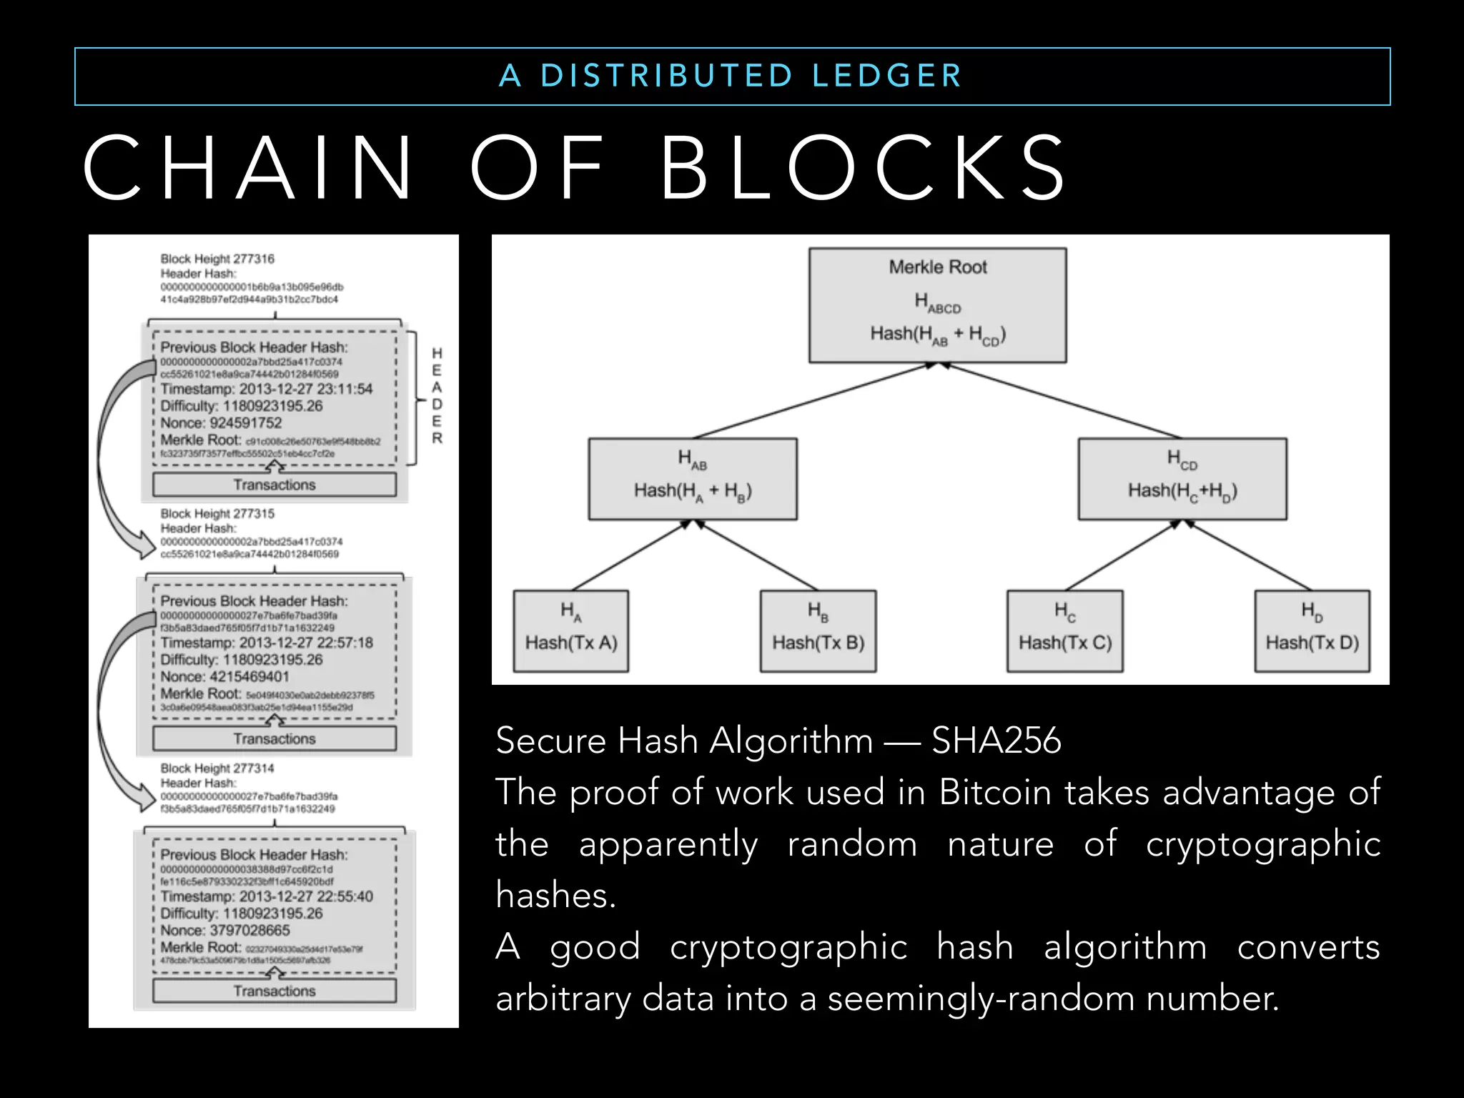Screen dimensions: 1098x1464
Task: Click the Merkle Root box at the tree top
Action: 937,305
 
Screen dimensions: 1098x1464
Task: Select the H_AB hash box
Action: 692,478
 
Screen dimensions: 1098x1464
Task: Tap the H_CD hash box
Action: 1182,478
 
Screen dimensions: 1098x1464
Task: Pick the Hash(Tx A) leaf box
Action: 570,630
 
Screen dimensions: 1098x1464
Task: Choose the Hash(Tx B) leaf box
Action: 818,630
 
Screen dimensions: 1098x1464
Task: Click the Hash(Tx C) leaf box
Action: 1064,630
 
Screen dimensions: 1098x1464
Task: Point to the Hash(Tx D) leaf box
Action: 1312,630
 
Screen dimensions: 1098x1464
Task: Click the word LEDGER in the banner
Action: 887,76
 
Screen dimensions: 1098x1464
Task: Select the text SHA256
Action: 996,740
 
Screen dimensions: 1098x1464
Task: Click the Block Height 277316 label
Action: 217,259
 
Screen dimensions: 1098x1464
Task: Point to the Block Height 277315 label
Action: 217,513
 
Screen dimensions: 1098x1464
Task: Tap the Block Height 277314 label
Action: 217,768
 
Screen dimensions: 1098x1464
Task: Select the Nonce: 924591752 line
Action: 221,422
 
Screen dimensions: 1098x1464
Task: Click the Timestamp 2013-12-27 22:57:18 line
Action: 266,643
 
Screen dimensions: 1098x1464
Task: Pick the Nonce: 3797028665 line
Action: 224,930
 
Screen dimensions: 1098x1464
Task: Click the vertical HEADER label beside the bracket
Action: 437,395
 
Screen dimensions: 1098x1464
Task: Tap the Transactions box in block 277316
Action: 274,485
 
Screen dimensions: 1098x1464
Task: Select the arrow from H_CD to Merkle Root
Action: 1062,400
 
